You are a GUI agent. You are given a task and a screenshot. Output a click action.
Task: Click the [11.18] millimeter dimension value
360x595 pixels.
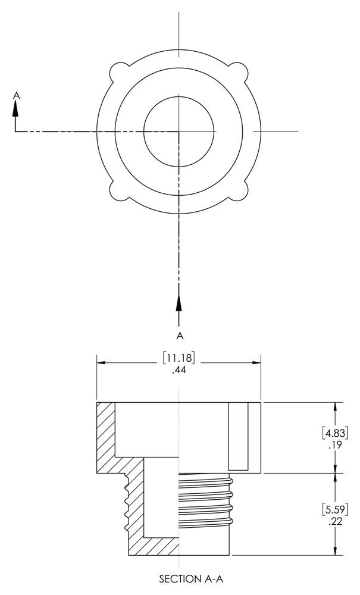point(179,358)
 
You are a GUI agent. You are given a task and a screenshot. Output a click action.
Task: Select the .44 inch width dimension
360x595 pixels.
point(179,370)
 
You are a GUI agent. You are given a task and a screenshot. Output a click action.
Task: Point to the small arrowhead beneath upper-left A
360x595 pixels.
point(16,108)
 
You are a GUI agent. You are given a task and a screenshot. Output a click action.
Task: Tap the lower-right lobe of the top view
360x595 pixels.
point(240,190)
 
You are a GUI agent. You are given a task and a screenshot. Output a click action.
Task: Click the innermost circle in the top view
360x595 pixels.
point(179,131)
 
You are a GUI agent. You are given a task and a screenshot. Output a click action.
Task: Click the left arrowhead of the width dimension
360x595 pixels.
point(102,362)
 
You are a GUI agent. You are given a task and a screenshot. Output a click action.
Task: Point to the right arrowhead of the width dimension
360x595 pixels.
point(257,362)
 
